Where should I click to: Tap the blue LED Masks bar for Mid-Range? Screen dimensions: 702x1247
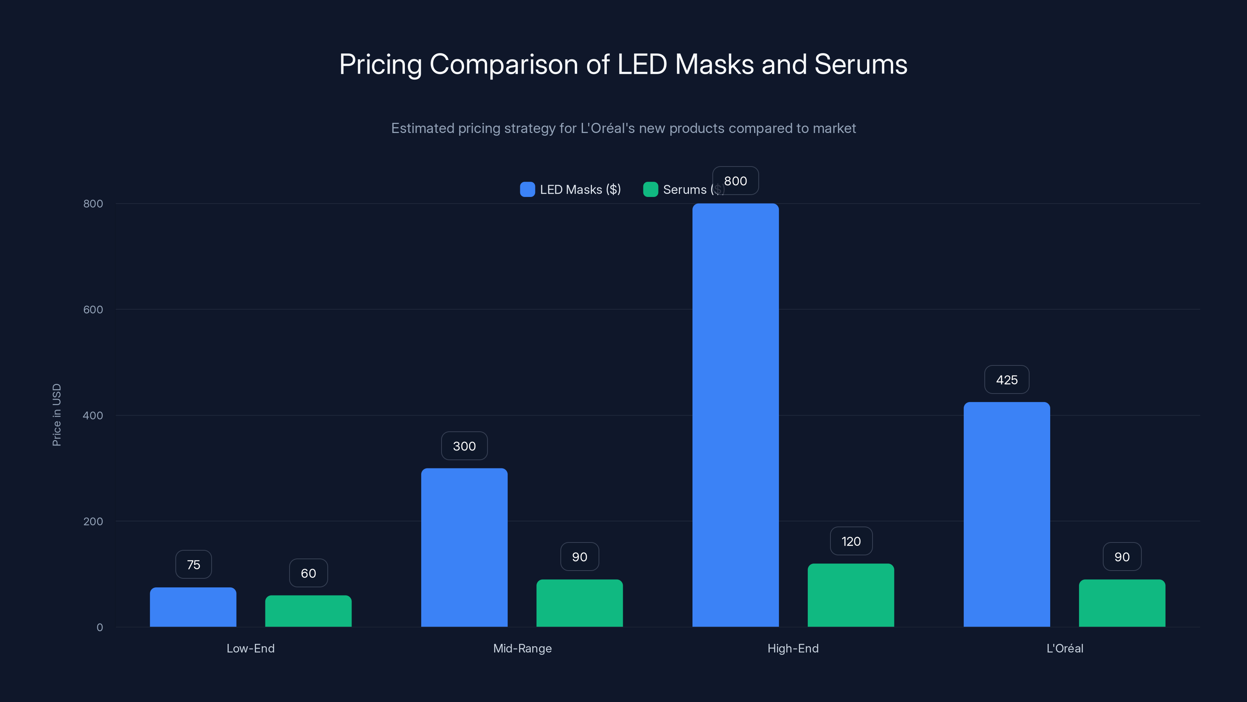[464, 548]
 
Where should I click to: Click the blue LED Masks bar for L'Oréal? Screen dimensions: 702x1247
[1007, 514]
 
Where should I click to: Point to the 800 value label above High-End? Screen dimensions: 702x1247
[735, 181]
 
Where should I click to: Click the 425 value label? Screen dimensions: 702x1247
[1007, 380]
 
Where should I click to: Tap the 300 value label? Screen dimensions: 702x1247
[464, 446]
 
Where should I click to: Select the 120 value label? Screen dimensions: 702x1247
[851, 541]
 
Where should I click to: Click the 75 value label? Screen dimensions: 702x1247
[193, 564]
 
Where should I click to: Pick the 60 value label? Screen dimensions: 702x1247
[308, 573]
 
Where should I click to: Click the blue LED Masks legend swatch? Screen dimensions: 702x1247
[527, 190]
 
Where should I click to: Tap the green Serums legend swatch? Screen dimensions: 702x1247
[650, 190]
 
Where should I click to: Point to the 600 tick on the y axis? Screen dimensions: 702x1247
[93, 310]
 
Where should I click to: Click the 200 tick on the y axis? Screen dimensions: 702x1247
[93, 521]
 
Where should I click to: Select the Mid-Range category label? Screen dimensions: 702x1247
[522, 648]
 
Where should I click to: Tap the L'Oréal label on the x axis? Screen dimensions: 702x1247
[1065, 648]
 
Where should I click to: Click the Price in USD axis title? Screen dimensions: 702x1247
[57, 415]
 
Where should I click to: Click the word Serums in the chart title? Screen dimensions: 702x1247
[860, 64]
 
